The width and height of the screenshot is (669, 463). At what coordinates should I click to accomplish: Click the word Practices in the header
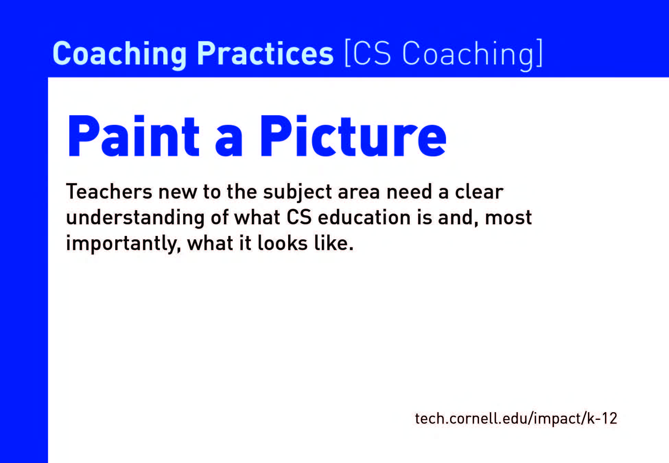point(265,54)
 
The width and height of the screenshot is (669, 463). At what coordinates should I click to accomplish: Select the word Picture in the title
point(353,136)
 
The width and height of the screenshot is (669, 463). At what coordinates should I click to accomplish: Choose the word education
point(364,217)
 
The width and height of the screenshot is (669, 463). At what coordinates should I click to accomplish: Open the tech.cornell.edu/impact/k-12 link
point(516,418)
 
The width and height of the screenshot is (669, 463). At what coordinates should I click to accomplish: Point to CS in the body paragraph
point(299,217)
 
